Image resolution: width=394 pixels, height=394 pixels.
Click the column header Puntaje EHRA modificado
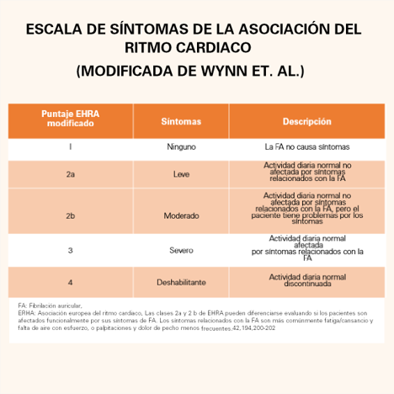[x=70, y=118]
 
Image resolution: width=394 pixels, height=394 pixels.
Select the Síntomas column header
[x=181, y=121]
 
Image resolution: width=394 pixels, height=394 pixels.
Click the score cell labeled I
[x=70, y=146]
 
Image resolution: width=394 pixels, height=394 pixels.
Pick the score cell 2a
[x=70, y=174]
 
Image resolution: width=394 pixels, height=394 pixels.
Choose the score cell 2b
[x=70, y=216]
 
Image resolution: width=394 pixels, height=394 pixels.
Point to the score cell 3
[x=70, y=250]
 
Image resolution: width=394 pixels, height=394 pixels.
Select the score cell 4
[x=70, y=281]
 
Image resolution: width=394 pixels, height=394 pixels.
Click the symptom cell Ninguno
[x=181, y=146]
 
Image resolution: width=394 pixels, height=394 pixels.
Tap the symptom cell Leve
[x=181, y=174]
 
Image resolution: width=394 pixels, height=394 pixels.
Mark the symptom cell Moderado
[x=181, y=216]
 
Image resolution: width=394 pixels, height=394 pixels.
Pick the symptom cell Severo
[x=181, y=250]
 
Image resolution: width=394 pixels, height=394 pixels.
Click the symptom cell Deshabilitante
[x=181, y=281]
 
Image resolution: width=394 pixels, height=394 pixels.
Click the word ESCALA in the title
[x=56, y=29]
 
